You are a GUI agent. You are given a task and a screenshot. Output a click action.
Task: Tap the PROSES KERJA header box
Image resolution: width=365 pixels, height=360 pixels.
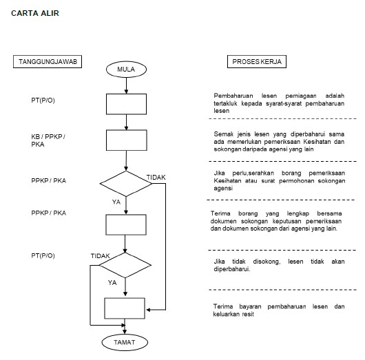click(x=258, y=62)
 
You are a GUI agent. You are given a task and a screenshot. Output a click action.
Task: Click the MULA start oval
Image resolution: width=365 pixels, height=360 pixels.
click(x=126, y=70)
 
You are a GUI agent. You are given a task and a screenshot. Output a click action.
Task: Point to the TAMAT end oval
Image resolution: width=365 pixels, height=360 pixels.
click(x=125, y=341)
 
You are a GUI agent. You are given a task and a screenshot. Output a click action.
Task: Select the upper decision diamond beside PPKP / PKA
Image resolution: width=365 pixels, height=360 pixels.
click(x=126, y=183)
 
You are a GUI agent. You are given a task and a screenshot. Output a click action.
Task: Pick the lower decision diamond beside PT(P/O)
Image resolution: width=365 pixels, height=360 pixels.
click(x=124, y=264)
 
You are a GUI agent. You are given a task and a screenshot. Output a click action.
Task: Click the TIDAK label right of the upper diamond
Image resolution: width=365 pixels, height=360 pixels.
click(x=156, y=178)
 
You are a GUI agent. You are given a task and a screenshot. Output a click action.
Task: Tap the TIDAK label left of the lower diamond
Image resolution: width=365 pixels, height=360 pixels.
click(x=101, y=255)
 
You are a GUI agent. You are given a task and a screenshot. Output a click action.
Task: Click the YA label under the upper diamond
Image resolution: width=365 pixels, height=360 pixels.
click(x=116, y=202)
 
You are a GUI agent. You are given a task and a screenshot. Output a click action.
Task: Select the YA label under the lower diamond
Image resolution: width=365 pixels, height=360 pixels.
click(x=112, y=282)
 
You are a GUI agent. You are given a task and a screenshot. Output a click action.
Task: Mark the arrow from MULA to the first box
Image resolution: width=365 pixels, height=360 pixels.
click(x=126, y=85)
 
